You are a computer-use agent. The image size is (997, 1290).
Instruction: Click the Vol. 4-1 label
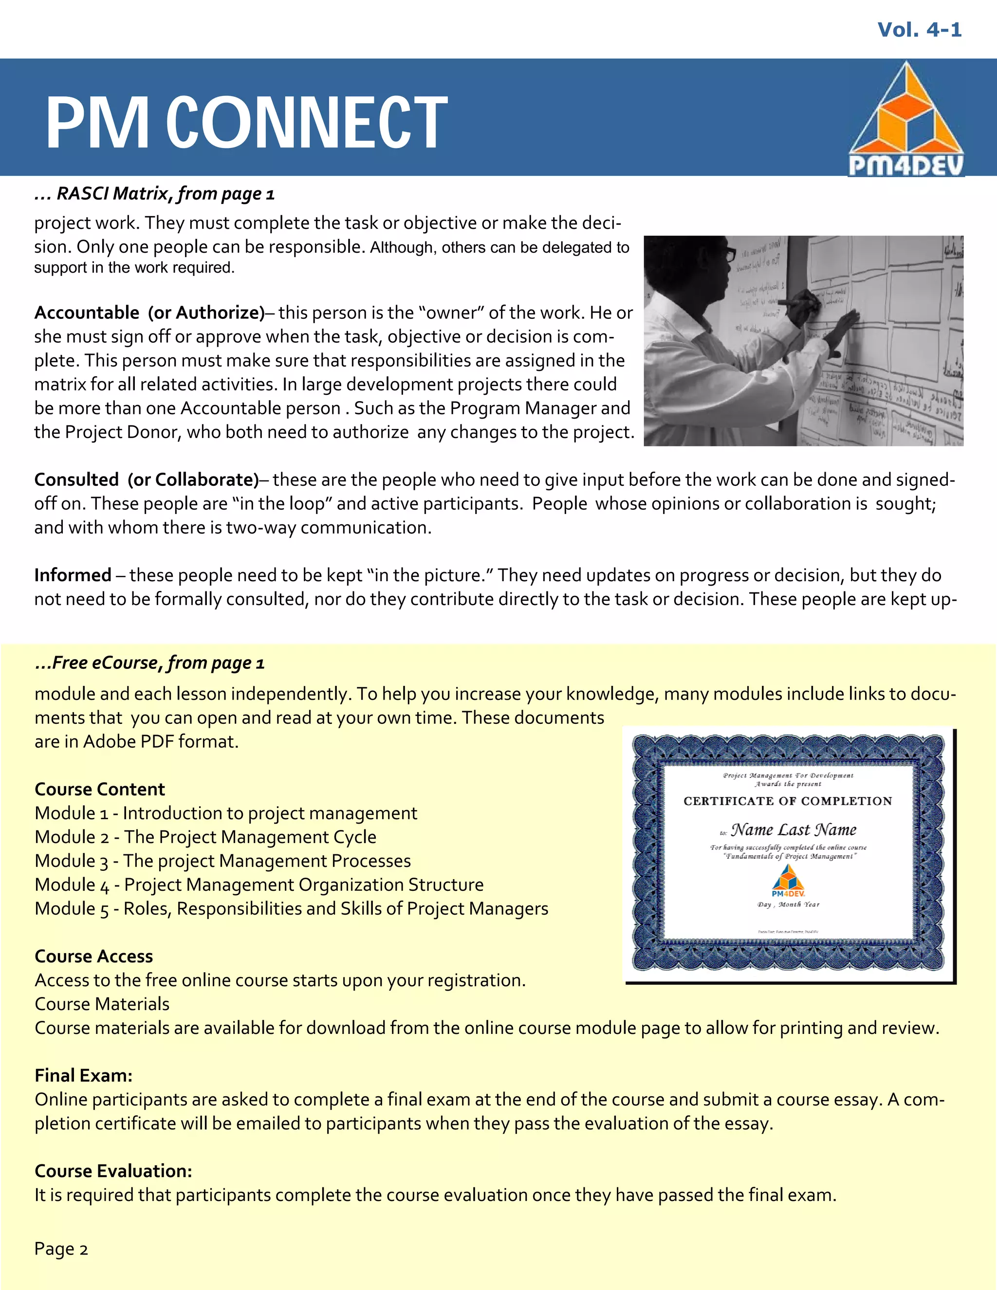pyautogui.click(x=919, y=30)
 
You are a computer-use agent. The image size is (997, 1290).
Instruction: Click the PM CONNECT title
pyautogui.click(x=246, y=122)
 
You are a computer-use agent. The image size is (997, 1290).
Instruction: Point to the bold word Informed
pyautogui.click(x=73, y=575)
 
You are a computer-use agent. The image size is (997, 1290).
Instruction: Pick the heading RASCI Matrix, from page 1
pyautogui.click(x=155, y=194)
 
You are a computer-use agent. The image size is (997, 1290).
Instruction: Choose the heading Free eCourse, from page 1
pyautogui.click(x=150, y=663)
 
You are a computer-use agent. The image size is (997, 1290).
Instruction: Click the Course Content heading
pyautogui.click(x=100, y=789)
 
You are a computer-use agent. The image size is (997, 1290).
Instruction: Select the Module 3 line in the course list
pyautogui.click(x=222, y=861)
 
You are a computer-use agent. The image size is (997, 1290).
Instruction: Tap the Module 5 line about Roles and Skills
pyautogui.click(x=291, y=908)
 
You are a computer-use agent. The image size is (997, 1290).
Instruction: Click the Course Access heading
pyautogui.click(x=94, y=956)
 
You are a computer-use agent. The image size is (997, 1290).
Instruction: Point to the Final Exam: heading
pyautogui.click(x=83, y=1075)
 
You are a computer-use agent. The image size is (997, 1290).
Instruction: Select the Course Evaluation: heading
pyautogui.click(x=113, y=1171)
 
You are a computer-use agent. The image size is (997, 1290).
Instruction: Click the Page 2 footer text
pyautogui.click(x=61, y=1249)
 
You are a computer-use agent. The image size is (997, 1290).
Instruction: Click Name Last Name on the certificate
pyautogui.click(x=793, y=830)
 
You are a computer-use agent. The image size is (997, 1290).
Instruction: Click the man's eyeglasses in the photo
pyautogui.click(x=729, y=255)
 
